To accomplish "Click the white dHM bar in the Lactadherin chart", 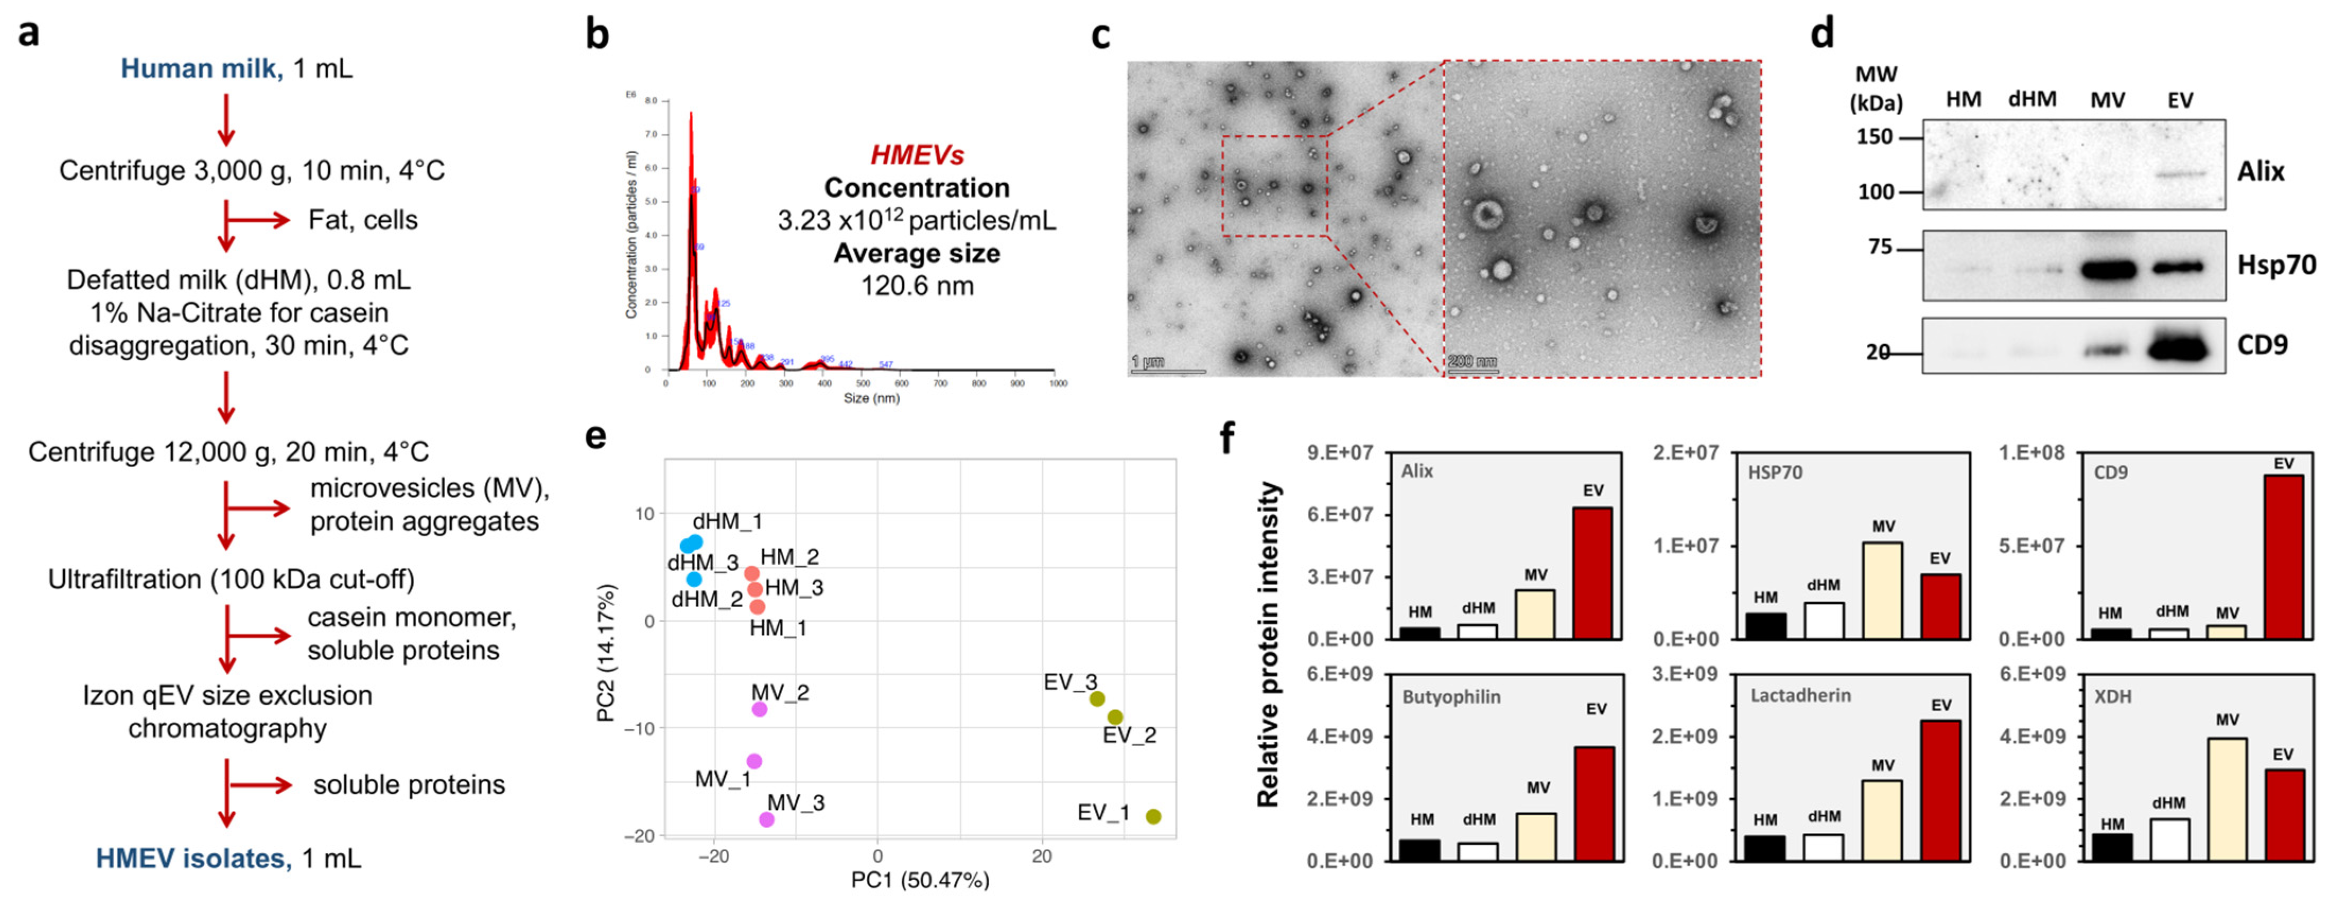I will click(x=1824, y=847).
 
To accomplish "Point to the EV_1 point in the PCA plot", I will click(x=1154, y=816).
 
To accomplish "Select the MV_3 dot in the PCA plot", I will click(x=766, y=820).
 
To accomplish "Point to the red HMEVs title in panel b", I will click(x=917, y=155).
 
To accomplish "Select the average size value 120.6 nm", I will click(x=917, y=286).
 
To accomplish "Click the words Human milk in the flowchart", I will click(x=200, y=69).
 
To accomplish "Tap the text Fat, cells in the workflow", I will click(x=363, y=221).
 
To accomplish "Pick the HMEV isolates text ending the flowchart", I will click(x=194, y=859).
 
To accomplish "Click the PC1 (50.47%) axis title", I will click(x=919, y=879).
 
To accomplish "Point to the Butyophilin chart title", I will click(x=1451, y=697).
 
